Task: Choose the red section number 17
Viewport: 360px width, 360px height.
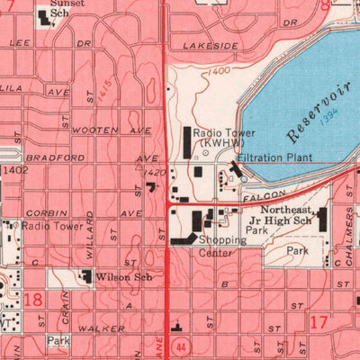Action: [316, 319]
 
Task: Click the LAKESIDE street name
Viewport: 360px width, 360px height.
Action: [211, 45]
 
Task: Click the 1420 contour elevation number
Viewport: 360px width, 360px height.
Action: [155, 171]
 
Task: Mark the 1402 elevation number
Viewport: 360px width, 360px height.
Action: [15, 168]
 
